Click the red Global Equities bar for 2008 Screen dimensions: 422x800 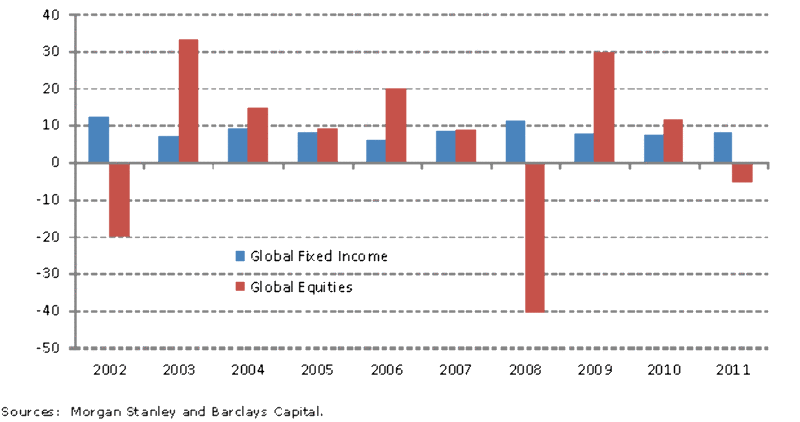(x=535, y=238)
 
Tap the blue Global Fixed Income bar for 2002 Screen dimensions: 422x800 (x=98, y=140)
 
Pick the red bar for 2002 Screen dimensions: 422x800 (x=119, y=200)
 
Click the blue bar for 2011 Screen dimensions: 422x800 (x=722, y=147)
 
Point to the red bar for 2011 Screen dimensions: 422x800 (x=742, y=173)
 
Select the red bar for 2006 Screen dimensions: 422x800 (x=396, y=126)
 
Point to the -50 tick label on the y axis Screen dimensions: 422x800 (x=47, y=348)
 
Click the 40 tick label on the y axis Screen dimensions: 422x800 (x=51, y=15)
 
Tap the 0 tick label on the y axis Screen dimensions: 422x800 (x=56, y=163)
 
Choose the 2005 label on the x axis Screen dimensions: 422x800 (x=317, y=370)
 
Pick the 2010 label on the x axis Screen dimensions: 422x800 (x=663, y=370)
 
